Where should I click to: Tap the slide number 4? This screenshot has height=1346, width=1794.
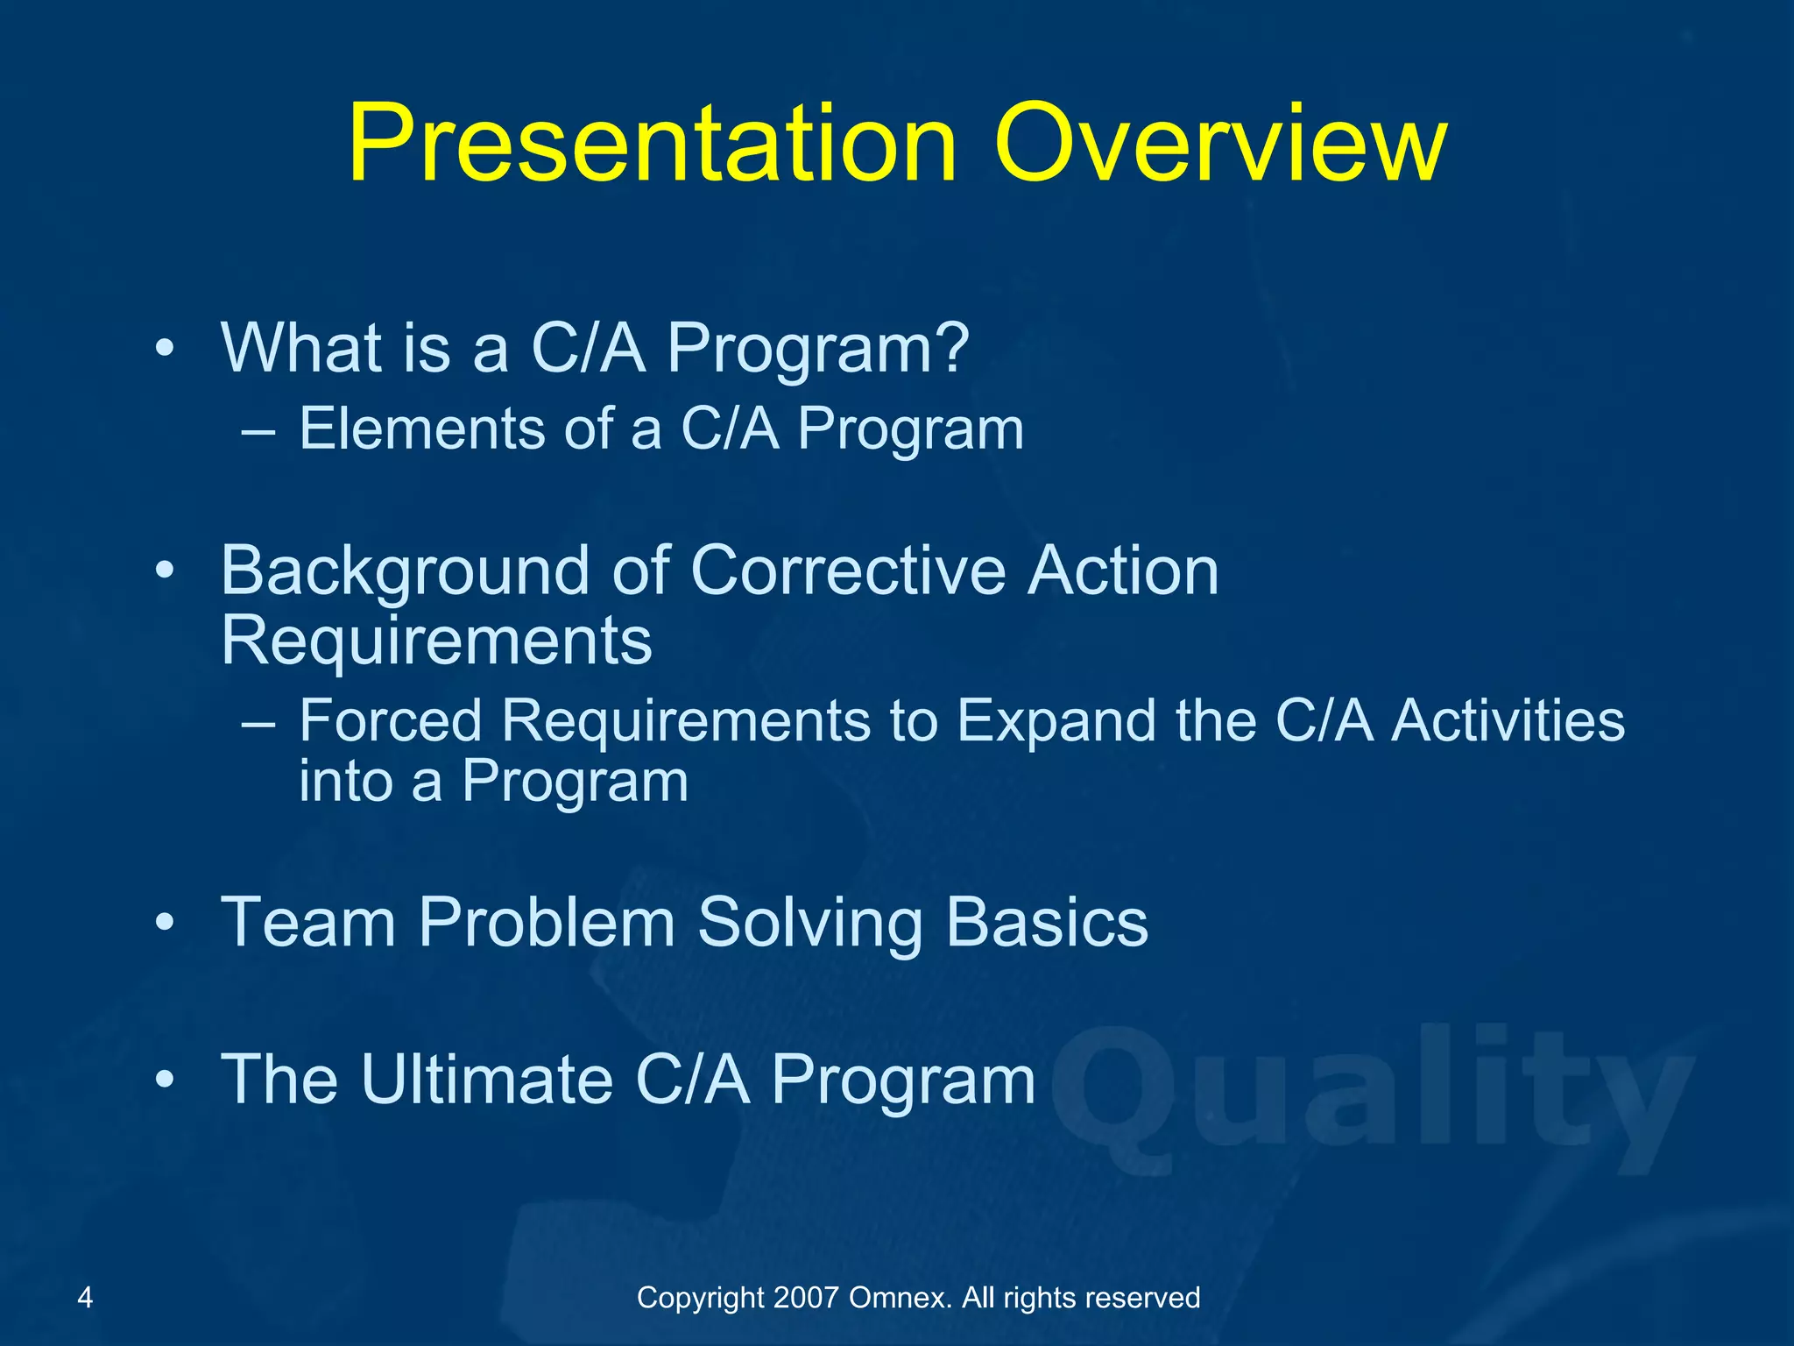click(85, 1297)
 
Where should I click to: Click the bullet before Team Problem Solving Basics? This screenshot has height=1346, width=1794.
click(164, 924)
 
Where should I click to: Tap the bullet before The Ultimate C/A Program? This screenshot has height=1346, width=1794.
click(164, 1080)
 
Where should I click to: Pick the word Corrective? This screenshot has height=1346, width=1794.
click(848, 571)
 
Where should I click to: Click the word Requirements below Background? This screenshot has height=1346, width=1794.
click(436, 640)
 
